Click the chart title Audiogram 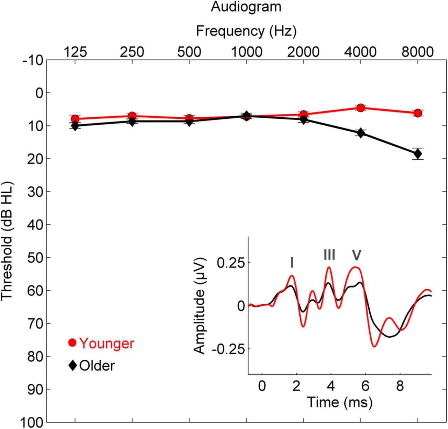point(246,7)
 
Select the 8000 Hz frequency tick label point(417,52)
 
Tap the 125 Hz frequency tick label point(75,52)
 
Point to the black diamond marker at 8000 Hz point(417,154)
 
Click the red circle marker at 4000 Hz point(360,108)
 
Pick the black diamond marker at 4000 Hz point(360,133)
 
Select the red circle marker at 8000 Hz point(417,113)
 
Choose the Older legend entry point(92,366)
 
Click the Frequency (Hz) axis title point(246,31)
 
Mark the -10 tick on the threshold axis point(34,60)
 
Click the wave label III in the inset point(329,255)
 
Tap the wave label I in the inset point(292,262)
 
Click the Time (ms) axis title point(339,402)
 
